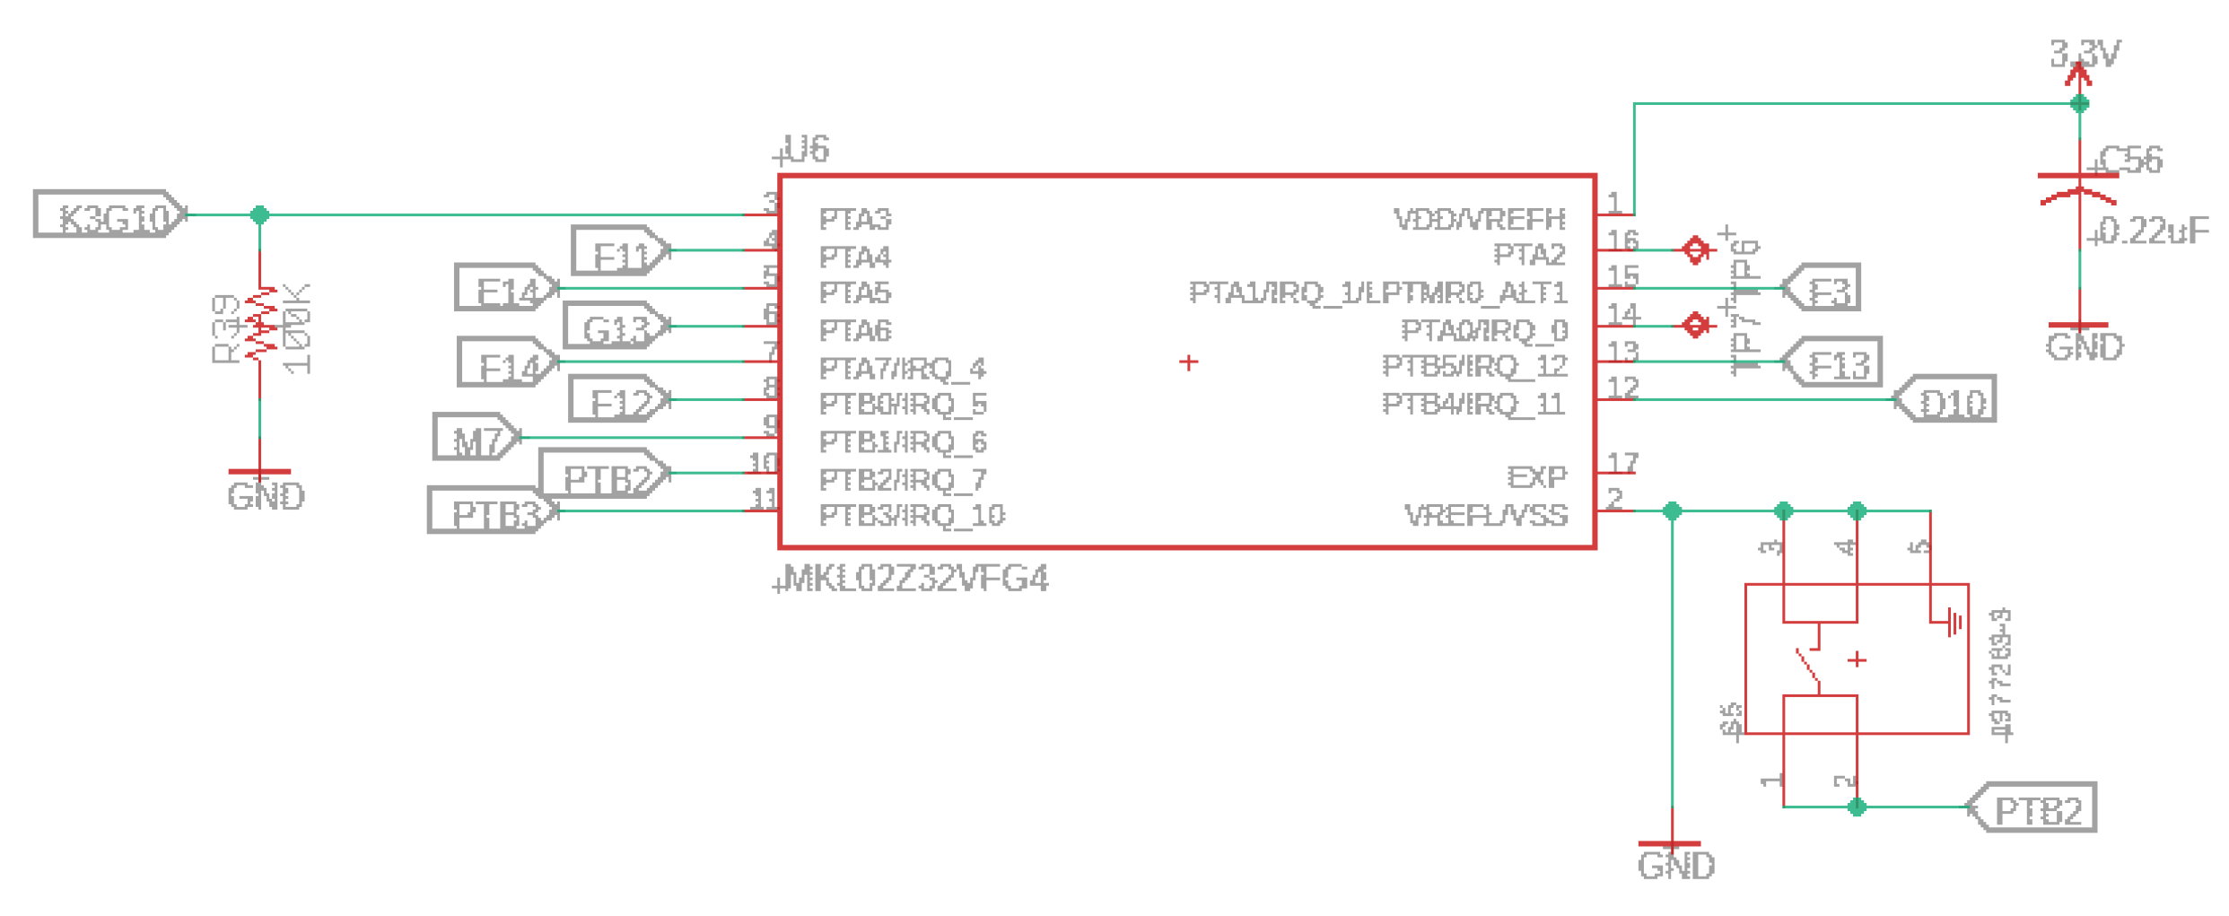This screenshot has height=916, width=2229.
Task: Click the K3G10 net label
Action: click(x=109, y=215)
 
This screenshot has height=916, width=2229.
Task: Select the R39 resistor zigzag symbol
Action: click(x=260, y=325)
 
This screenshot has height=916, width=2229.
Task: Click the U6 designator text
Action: click(x=805, y=149)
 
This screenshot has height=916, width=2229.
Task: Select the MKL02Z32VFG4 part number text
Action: click(x=914, y=580)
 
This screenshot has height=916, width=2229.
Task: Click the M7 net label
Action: click(x=476, y=438)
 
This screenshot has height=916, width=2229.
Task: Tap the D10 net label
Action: click(x=1947, y=400)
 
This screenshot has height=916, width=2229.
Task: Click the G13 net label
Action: click(x=616, y=327)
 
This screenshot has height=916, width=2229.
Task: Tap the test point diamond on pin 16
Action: click(x=1696, y=250)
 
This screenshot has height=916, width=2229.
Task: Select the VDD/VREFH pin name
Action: click(x=1479, y=219)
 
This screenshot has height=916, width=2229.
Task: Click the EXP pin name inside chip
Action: click(x=1536, y=476)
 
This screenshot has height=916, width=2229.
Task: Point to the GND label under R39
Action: click(x=265, y=496)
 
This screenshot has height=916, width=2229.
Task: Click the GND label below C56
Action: click(x=2084, y=347)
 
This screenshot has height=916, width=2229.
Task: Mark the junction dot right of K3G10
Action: click(x=260, y=215)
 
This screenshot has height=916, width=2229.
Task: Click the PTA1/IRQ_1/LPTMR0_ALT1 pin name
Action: click(x=1377, y=292)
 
